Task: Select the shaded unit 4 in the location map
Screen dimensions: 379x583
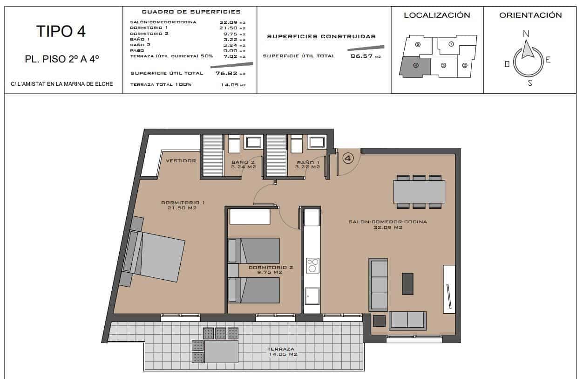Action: pos(415,66)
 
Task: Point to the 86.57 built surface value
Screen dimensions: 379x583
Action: pos(359,56)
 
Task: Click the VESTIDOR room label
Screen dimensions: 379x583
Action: pos(181,161)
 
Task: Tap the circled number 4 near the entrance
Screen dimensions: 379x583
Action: pos(348,158)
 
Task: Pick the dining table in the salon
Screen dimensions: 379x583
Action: pos(419,192)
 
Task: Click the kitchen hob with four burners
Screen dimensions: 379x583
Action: pos(312,266)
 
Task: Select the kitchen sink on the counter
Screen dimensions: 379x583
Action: pos(312,296)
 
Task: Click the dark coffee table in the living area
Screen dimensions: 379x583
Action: pos(407,283)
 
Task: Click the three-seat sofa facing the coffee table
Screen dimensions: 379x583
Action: pos(378,285)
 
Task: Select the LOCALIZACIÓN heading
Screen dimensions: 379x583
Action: pos(437,15)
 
